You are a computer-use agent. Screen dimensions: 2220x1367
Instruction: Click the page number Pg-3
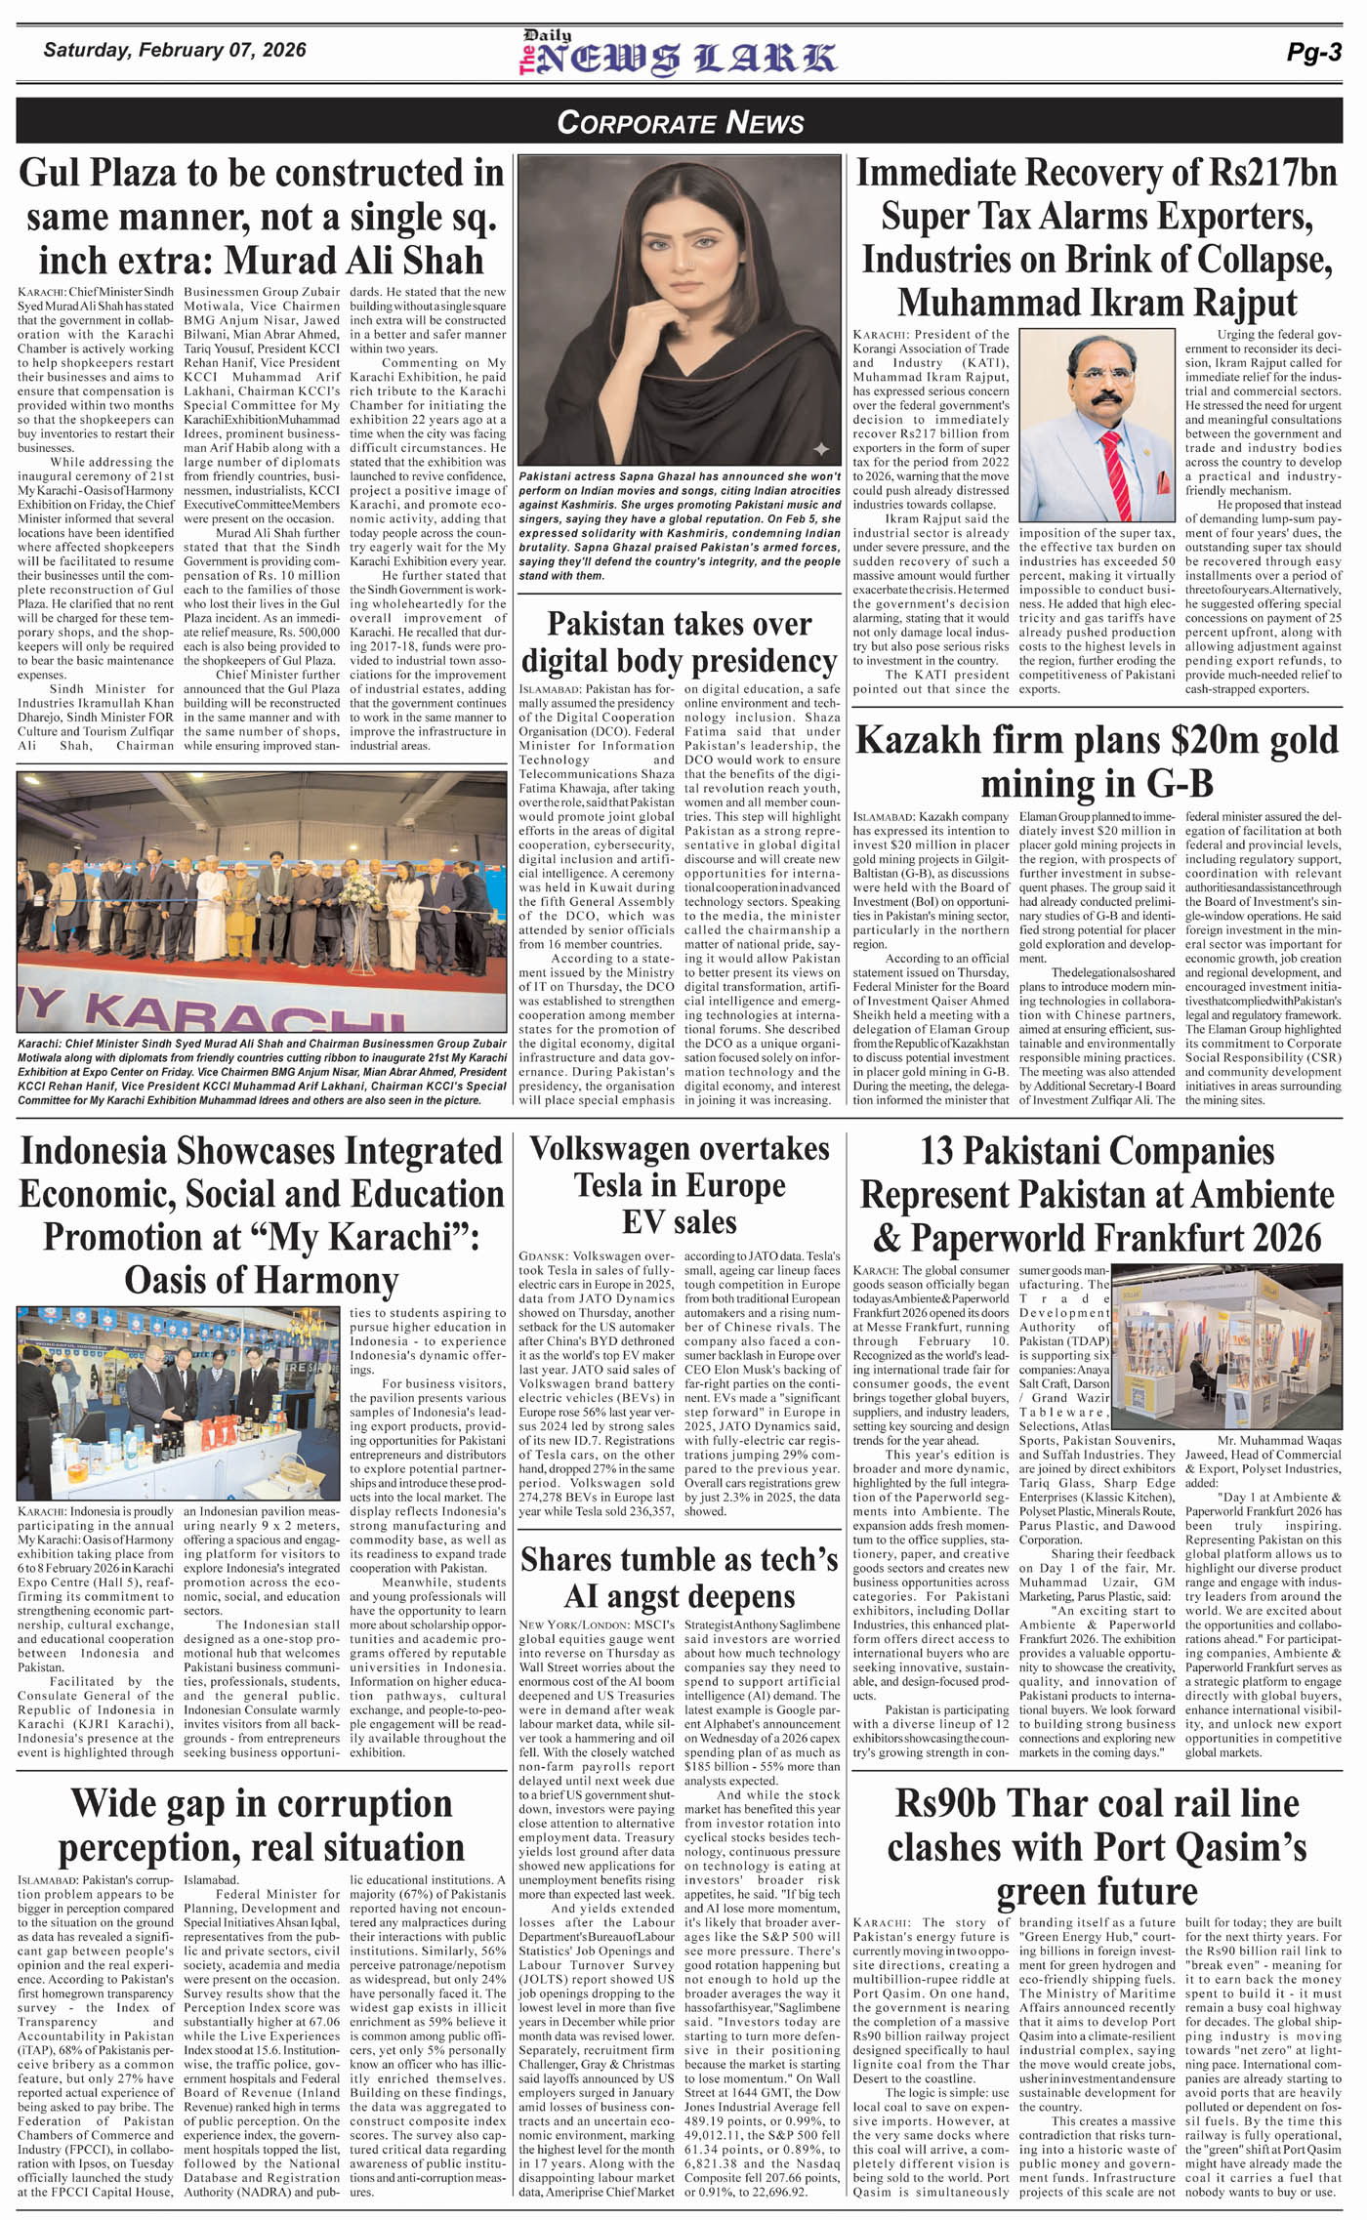click(1313, 53)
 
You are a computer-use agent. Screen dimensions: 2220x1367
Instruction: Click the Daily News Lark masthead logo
click(678, 54)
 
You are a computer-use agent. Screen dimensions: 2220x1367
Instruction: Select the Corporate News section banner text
click(680, 122)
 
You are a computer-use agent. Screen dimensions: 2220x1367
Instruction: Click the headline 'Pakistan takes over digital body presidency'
click(679, 641)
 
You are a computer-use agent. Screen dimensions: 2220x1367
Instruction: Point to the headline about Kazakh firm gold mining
click(1097, 761)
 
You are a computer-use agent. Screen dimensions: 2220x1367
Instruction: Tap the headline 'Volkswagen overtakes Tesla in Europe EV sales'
click(679, 1184)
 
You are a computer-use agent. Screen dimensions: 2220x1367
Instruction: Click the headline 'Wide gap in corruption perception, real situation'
click(261, 1825)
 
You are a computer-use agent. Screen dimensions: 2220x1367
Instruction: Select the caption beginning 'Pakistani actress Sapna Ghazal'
click(679, 526)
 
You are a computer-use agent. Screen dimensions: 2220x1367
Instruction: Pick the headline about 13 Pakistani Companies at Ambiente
click(1097, 1194)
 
